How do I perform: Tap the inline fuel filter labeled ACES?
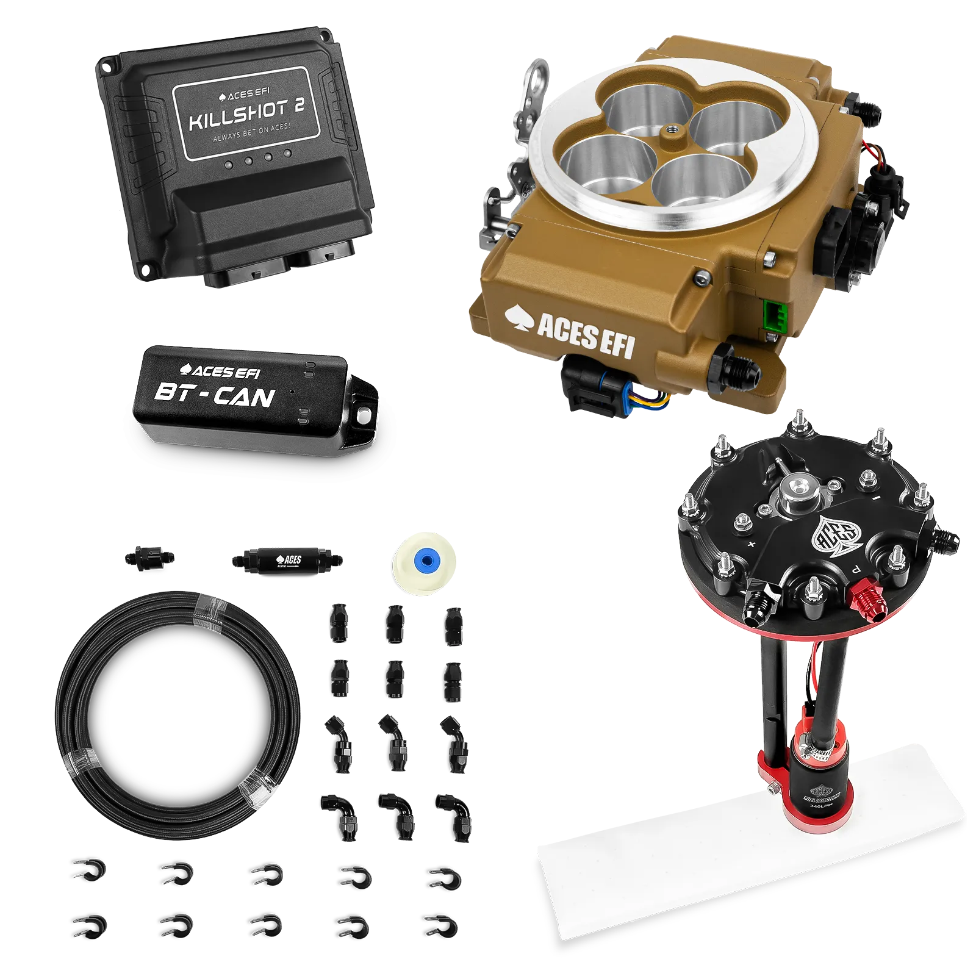coord(287,559)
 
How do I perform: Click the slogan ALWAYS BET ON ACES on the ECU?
coord(251,133)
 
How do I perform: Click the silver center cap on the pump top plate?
coord(796,488)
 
